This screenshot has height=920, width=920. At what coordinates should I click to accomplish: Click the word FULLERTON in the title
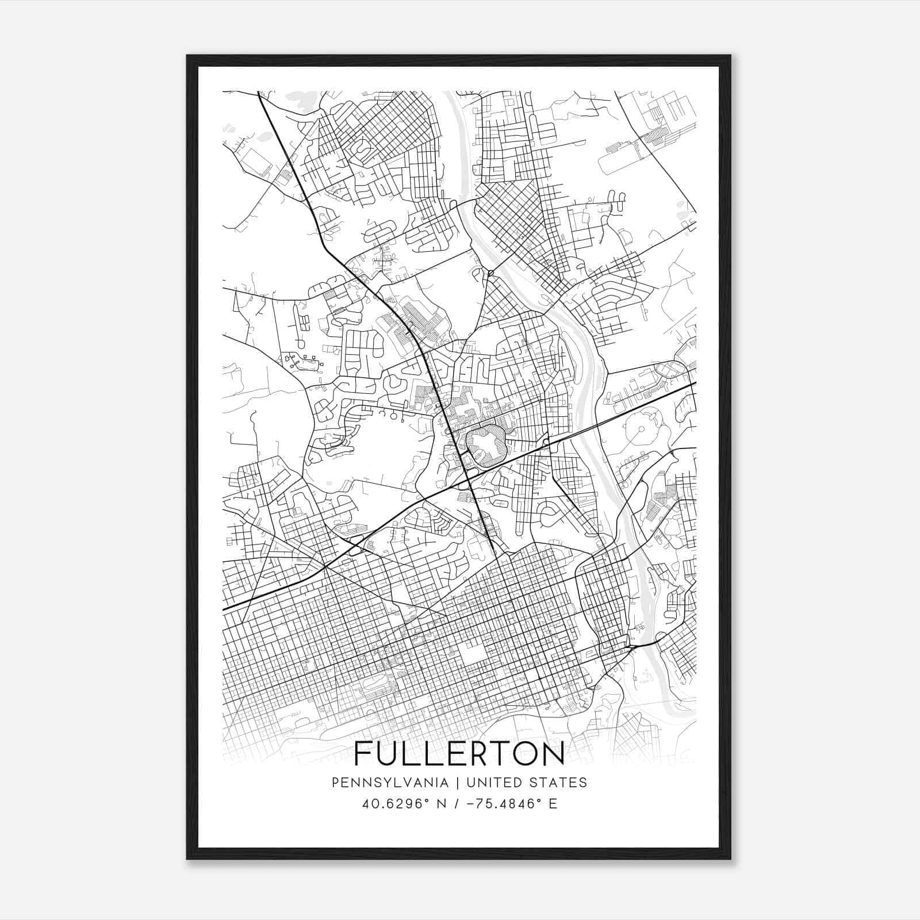459,754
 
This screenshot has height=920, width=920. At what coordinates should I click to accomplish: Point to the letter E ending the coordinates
553,804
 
